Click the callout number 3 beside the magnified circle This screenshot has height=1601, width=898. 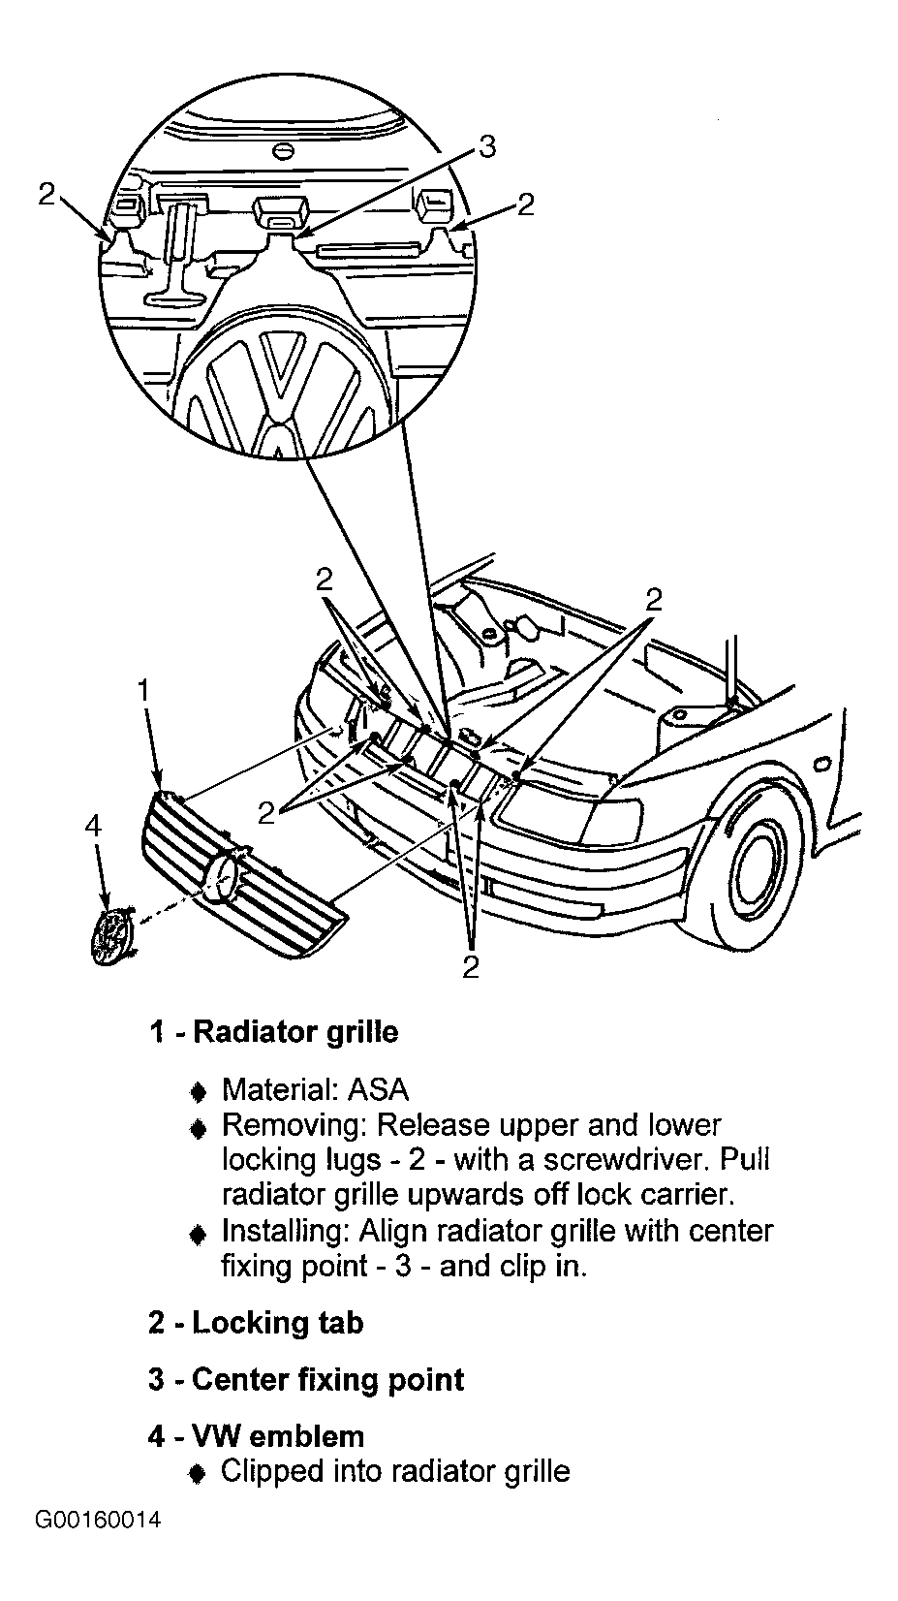coord(486,146)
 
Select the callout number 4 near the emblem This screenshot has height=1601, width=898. coord(93,825)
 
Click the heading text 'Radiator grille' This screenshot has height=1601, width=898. coord(295,1032)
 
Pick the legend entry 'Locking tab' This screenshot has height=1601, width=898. coord(277,1323)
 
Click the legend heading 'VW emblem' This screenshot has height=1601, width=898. coord(278,1436)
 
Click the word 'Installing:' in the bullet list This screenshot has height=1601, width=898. coord(285,1232)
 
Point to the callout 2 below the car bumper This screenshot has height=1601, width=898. coord(471,966)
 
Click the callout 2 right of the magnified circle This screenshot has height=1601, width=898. coord(525,204)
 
